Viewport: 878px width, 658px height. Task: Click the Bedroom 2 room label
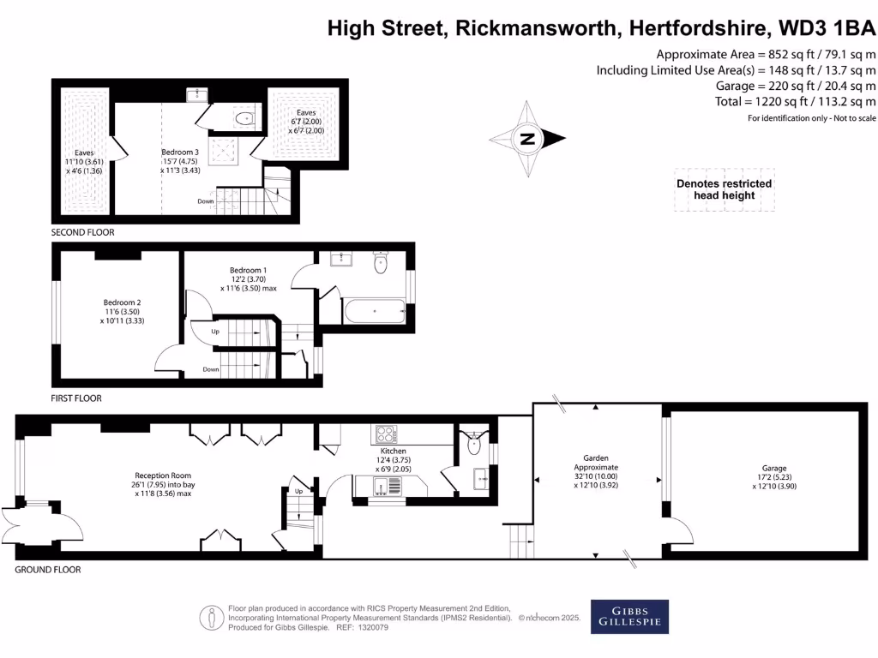[122, 302]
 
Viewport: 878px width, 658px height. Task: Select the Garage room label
[774, 469]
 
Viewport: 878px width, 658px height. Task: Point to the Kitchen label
[394, 451]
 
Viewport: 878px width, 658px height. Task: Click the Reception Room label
[163, 476]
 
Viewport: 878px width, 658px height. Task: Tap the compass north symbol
[528, 139]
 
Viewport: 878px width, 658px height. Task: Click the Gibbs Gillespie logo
[629, 617]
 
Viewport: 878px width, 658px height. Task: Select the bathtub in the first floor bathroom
[374, 310]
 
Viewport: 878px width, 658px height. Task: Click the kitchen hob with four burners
[386, 434]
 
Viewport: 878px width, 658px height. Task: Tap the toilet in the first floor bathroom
[381, 263]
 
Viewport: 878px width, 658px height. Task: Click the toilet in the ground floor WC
[472, 443]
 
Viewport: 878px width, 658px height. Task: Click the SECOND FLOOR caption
[82, 232]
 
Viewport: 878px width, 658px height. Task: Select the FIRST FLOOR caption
[76, 398]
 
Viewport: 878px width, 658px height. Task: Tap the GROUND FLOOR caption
[48, 570]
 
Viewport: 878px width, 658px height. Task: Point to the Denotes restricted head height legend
[725, 189]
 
